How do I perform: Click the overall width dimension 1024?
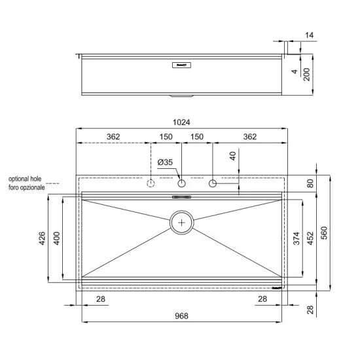182,122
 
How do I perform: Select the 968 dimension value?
182,316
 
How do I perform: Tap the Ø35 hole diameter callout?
166,162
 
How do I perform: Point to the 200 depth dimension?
306,75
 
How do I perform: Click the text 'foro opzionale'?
26,187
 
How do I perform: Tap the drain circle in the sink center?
182,223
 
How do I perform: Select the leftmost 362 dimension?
113,137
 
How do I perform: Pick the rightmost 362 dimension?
250,137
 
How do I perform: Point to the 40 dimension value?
232,156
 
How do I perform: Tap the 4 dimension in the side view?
295,72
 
